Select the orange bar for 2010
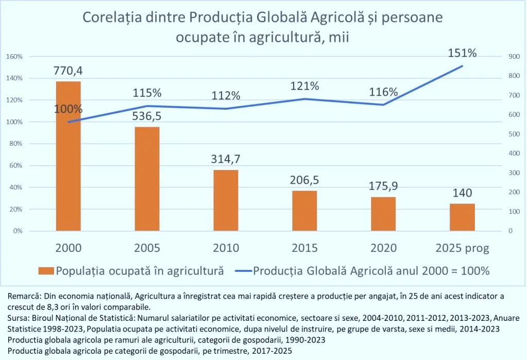pyautogui.click(x=226, y=200)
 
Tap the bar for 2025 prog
pyautogui.click(x=462, y=217)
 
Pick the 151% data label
pyautogui.click(x=462, y=53)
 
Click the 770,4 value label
pyautogui.click(x=68, y=71)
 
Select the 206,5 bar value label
pyautogui.click(x=304, y=179)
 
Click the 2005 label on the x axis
pyautogui.click(x=147, y=248)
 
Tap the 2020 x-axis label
pyautogui.click(x=383, y=248)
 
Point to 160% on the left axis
pyautogui.click(x=14, y=56)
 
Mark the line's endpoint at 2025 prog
pyautogui.click(x=462, y=66)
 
